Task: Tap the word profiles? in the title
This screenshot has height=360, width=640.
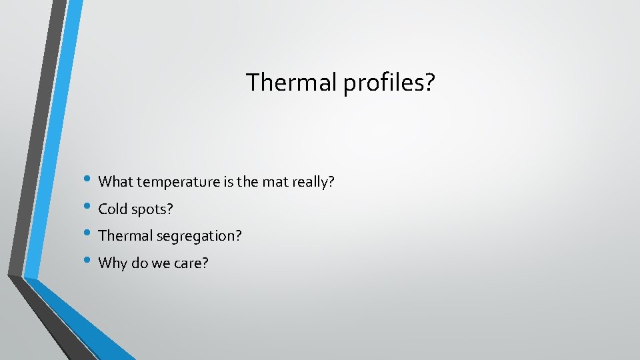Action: (389, 84)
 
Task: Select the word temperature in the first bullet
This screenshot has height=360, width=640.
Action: (178, 182)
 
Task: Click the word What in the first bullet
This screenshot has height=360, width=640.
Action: (115, 181)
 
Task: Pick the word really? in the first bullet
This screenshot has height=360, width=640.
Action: (313, 182)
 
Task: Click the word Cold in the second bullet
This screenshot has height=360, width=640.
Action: (111, 209)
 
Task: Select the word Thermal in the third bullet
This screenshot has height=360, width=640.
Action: (121, 235)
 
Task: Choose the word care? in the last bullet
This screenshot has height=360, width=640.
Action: (191, 263)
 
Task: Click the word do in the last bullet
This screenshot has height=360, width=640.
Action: (139, 263)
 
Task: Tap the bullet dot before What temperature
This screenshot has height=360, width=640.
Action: (89, 181)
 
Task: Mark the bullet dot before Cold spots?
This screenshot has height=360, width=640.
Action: (89, 208)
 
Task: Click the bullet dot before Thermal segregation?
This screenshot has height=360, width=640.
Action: (89, 235)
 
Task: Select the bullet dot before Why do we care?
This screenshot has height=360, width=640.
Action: (89, 262)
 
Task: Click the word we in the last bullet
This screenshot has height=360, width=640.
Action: (160, 263)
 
